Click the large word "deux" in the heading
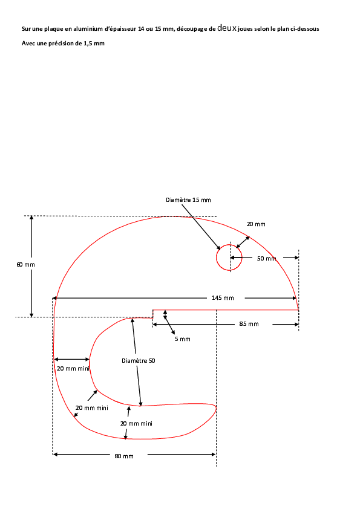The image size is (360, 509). click(x=227, y=28)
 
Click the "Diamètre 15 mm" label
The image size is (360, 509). click(x=188, y=200)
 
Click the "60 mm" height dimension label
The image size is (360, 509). click(x=25, y=265)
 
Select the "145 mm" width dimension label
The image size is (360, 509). click(x=223, y=297)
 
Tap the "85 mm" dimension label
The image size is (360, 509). click(x=249, y=323)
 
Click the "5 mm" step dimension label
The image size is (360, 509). click(x=183, y=339)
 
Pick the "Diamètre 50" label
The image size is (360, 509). click(x=139, y=361)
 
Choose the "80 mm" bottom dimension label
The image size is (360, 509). click(x=124, y=456)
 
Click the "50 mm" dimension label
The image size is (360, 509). click(x=266, y=258)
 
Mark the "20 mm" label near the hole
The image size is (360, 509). click(x=256, y=224)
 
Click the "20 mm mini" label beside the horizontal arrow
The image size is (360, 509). click(x=73, y=368)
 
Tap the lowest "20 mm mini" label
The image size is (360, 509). click(x=137, y=423)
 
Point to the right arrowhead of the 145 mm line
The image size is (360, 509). click(x=295, y=298)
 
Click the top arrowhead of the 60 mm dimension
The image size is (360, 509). click(x=31, y=218)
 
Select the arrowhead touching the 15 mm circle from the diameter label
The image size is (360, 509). click(x=219, y=248)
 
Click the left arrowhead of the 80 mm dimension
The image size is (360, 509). click(x=55, y=455)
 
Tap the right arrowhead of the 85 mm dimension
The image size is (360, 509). click(x=296, y=324)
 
